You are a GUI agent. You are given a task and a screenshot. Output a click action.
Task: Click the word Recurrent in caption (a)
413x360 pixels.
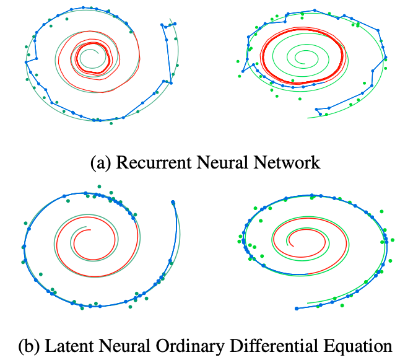click(146, 163)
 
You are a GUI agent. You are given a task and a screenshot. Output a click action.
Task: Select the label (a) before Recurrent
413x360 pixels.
click(101, 164)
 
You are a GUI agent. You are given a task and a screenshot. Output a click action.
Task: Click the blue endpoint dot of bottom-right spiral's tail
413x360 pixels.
click(296, 308)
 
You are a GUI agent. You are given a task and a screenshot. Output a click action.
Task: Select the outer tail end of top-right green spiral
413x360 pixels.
click(308, 118)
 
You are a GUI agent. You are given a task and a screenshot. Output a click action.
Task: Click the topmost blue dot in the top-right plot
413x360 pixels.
click(315, 10)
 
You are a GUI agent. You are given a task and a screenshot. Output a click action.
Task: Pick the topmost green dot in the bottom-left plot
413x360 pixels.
click(98, 185)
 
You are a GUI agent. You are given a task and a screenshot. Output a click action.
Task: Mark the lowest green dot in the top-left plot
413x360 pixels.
click(111, 123)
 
